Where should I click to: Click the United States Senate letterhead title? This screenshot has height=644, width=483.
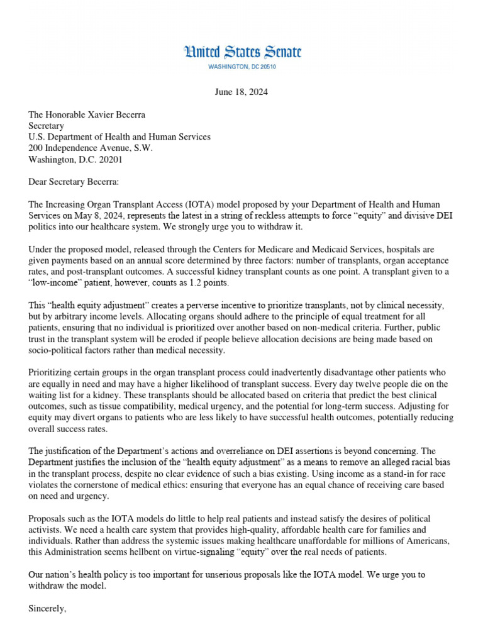(x=241, y=52)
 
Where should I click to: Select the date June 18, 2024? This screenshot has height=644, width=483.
(x=241, y=92)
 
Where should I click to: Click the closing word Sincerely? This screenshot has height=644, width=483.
(x=48, y=609)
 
